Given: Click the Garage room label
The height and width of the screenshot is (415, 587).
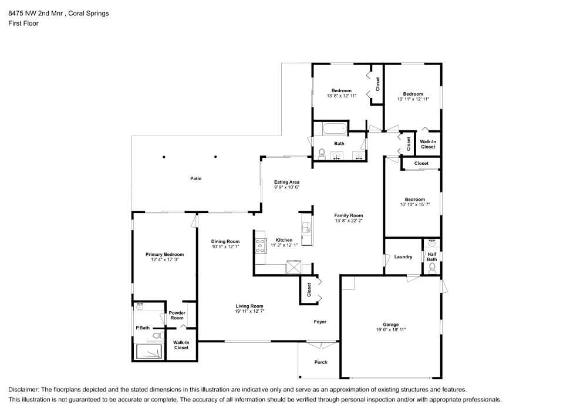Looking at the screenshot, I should coord(391,325).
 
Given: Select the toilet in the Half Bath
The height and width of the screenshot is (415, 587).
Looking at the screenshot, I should coord(432,268).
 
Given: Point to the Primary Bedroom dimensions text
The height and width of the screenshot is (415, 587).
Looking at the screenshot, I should coord(164,259).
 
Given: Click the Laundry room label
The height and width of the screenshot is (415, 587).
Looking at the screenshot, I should coord(403,257).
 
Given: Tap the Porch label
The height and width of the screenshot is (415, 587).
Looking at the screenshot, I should coord(321,362).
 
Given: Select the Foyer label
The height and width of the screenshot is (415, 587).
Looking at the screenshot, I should coord(319,322).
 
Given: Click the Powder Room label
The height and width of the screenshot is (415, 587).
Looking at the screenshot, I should coord(177,315).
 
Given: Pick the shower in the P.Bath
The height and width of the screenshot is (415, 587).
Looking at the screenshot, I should coord(151,351).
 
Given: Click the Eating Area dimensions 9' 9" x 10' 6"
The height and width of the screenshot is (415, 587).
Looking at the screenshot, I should coord(286,188).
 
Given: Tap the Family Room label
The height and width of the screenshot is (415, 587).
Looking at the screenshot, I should coord(349,215).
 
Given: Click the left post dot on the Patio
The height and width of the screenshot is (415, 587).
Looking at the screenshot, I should coord(164,157).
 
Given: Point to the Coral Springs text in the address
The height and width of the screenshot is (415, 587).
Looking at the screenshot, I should coord(89,14).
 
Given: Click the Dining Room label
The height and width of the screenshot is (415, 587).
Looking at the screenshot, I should coord(225,241).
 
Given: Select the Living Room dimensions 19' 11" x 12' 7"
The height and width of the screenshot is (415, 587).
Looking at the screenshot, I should coord(249,311).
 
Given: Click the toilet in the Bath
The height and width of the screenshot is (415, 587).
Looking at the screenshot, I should coord(321,154).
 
